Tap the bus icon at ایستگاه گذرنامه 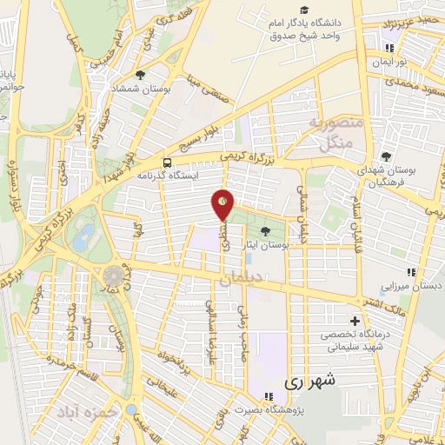pyautogui.click(x=167, y=162)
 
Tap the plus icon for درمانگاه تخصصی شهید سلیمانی pyautogui.click(x=353, y=321)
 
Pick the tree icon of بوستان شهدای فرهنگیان pyautogui.click(x=386, y=156)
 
